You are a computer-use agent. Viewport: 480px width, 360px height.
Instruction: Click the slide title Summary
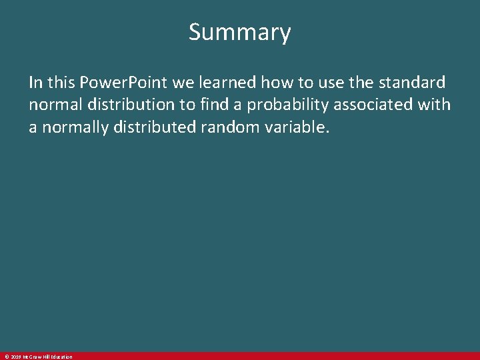[x=239, y=32]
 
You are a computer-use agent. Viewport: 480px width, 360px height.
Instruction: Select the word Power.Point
[x=123, y=83]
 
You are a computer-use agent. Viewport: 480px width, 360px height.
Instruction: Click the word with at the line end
[x=436, y=105]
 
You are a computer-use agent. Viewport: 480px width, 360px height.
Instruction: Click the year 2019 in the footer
[x=15, y=357]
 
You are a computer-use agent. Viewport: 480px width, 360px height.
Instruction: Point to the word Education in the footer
[x=60, y=357]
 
